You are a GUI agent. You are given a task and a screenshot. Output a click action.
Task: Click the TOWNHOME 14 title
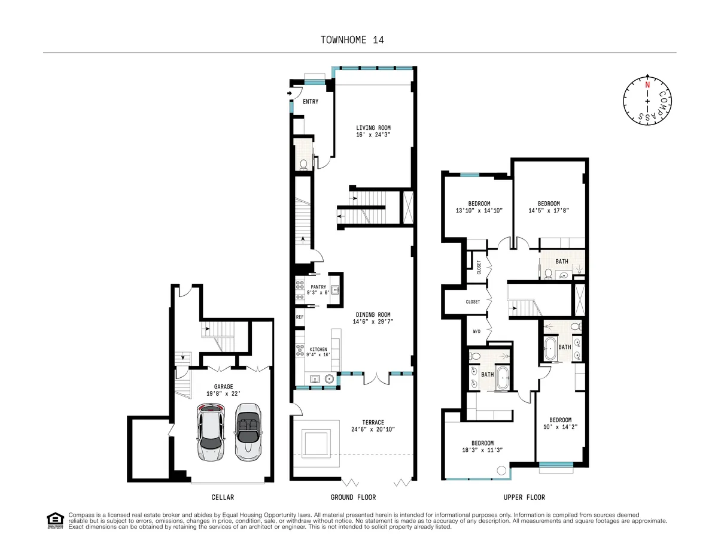[352, 40]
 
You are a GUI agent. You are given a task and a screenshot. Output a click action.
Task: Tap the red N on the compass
[647, 84]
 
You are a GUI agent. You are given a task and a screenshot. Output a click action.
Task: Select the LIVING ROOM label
[373, 128]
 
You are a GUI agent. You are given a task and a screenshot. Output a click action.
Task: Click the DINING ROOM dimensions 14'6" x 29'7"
[373, 322]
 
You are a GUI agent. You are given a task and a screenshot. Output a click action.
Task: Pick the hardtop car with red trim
[211, 431]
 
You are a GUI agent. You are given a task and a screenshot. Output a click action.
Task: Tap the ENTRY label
[310, 102]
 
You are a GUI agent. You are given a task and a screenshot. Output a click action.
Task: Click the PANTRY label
[318, 287]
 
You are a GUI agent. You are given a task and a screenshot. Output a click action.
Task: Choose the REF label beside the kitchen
[299, 317]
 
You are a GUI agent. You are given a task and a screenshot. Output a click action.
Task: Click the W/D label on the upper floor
[477, 331]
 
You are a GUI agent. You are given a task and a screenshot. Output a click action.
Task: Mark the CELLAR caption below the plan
[223, 498]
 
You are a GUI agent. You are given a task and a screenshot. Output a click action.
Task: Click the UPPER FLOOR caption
[524, 498]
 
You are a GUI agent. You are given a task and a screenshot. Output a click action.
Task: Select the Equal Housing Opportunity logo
[55, 520]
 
